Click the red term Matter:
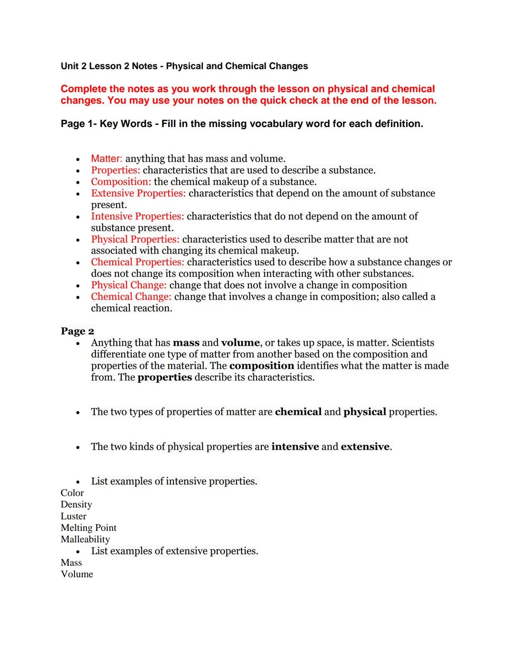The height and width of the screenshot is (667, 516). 107,159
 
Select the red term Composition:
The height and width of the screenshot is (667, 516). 121,181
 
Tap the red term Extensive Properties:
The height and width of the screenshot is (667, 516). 138,193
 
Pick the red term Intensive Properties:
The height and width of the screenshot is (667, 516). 137,216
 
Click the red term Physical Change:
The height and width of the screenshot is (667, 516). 129,285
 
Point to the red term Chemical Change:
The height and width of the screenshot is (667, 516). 131,296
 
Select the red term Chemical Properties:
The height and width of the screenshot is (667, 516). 137,262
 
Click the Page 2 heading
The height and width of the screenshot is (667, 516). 77,331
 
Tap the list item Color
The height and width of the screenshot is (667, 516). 72,493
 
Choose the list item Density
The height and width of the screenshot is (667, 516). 76,504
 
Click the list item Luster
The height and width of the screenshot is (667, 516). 74,516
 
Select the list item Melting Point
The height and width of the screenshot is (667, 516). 88,528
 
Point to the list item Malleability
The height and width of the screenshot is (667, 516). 85,539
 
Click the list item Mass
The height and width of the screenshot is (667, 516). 71,562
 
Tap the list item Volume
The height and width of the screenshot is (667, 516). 77,574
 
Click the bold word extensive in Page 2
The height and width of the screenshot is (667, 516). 365,446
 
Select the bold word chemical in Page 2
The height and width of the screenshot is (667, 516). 298,412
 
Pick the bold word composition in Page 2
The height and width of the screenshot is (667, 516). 261,366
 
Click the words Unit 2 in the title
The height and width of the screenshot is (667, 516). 74,66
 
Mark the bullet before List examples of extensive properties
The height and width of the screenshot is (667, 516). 78,551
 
